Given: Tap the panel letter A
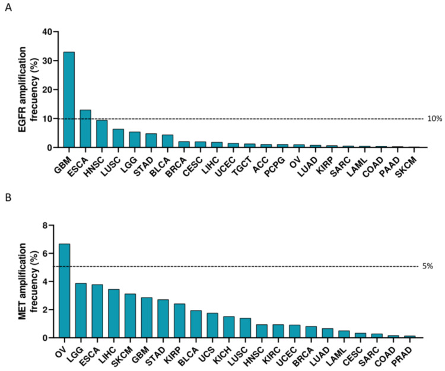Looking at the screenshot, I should pos(8,10).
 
